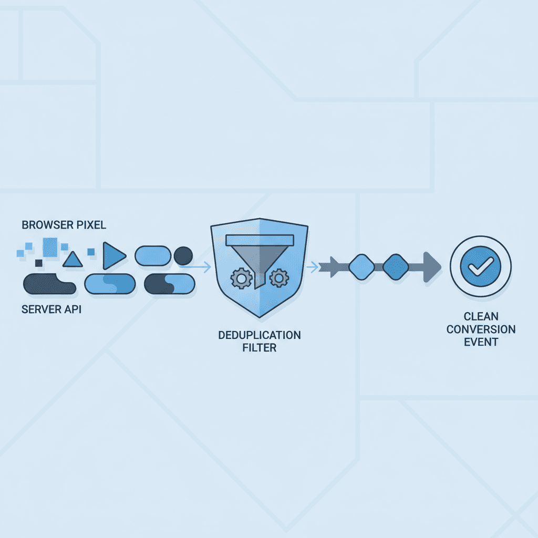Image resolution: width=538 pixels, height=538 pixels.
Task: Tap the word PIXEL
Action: [92, 225]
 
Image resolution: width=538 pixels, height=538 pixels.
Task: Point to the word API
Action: [73, 309]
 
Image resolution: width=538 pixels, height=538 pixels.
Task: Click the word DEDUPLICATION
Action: [260, 335]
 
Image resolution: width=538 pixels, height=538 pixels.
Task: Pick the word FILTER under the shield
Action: [260, 347]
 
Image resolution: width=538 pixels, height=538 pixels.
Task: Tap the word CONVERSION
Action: [481, 329]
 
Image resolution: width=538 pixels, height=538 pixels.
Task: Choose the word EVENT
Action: [481, 342]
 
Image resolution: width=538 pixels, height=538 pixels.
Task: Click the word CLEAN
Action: [481, 317]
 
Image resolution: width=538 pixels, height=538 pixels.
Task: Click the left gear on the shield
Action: [242, 278]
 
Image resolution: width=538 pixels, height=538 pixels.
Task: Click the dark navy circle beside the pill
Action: [183, 256]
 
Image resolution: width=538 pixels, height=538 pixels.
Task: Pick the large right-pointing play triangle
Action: [113, 256]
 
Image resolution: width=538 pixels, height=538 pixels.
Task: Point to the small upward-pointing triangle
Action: [73, 259]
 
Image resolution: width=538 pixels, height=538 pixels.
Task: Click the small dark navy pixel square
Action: [38, 263]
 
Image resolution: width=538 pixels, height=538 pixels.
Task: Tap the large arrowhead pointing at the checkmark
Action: [431, 267]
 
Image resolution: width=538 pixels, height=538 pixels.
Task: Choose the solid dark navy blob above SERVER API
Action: [48, 284]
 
